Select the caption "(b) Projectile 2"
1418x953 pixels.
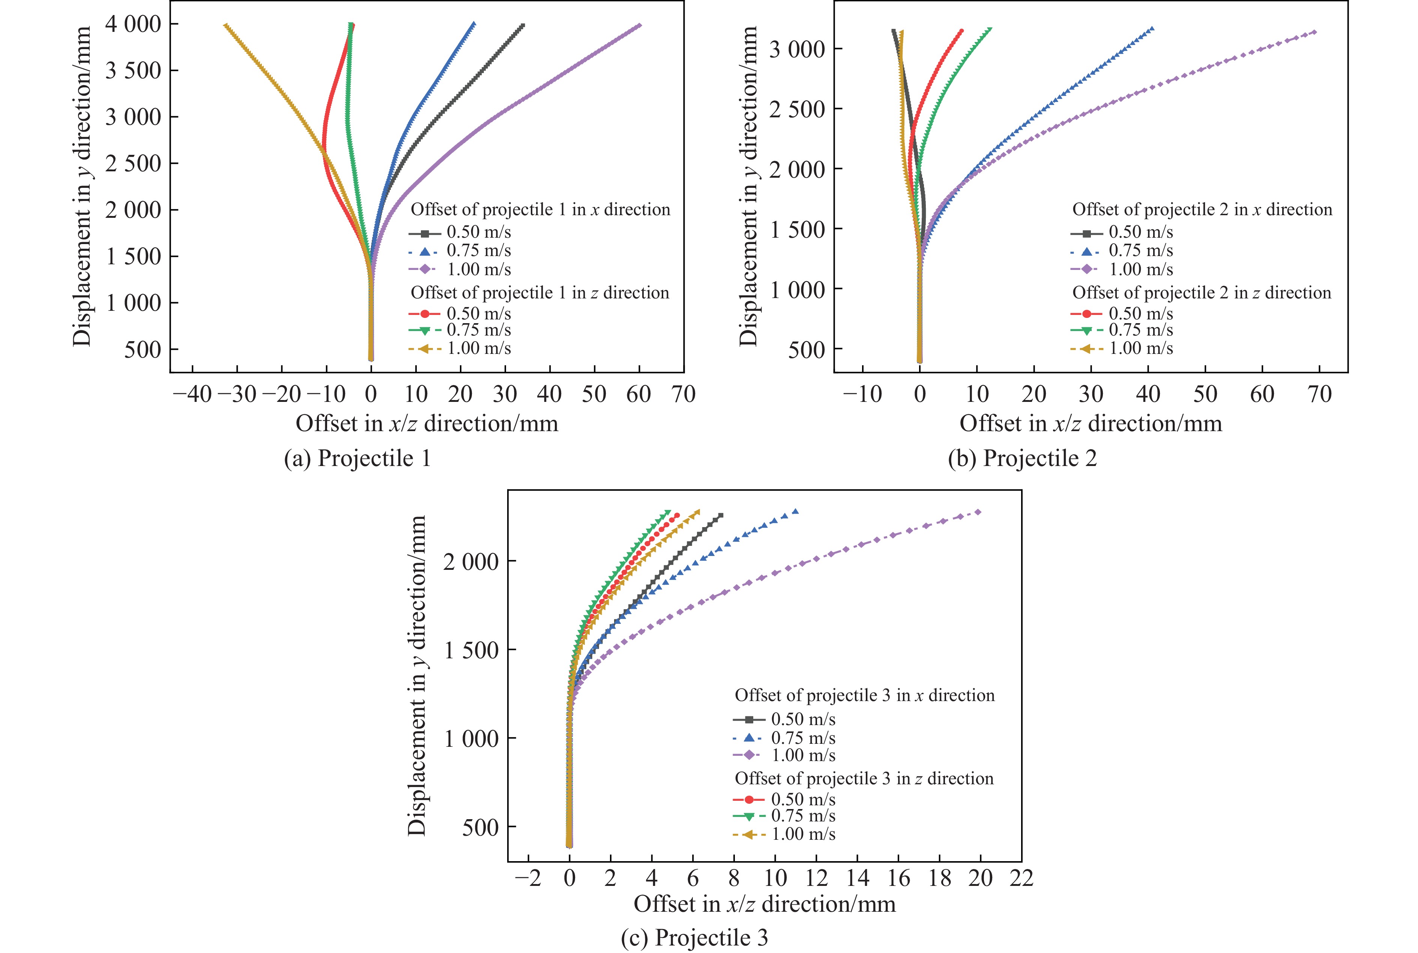(1022, 458)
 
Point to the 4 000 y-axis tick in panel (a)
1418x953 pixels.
(133, 24)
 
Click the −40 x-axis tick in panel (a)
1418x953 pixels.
(192, 394)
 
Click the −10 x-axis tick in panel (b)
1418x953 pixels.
(862, 394)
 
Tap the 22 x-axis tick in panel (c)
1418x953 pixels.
(1021, 878)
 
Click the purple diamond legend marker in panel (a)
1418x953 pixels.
(424, 269)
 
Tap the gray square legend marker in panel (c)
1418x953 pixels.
(748, 719)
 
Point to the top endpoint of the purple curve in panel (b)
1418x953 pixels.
(1314, 31)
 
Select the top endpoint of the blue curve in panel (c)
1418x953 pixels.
(795, 511)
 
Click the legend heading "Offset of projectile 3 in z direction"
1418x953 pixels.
(864, 779)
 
